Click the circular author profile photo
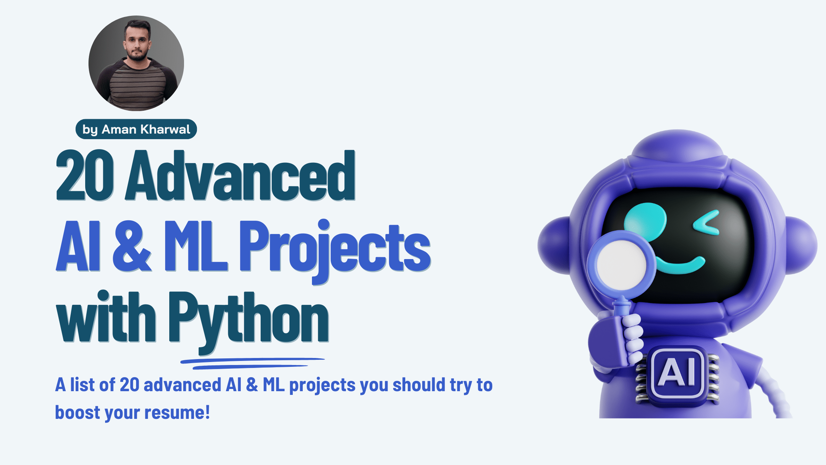(136, 63)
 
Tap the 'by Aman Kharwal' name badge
(136, 129)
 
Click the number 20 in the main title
(85, 176)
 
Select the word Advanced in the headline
(240, 176)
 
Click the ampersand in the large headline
(131, 246)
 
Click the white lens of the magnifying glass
(621, 265)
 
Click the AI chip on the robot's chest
(677, 373)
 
